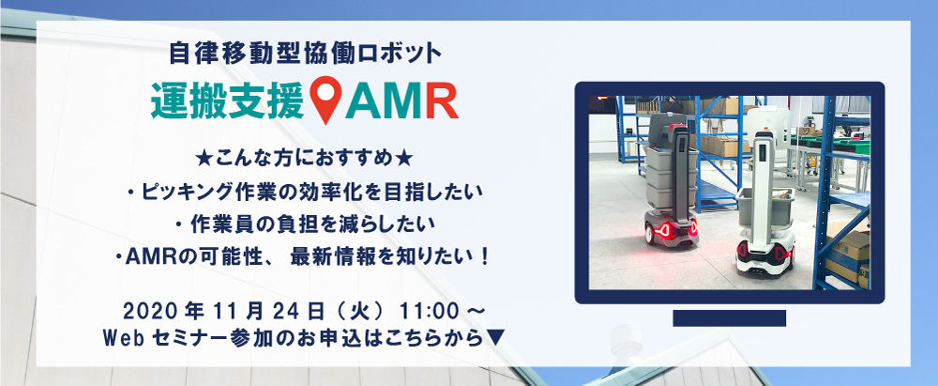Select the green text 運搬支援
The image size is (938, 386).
(x=229, y=100)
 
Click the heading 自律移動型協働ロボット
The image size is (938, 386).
(x=305, y=54)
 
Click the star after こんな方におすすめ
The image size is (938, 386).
(x=404, y=160)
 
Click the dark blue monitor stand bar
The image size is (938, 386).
(x=729, y=318)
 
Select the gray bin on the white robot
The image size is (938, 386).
(x=765, y=207)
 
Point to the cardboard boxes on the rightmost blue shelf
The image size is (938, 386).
(x=847, y=255)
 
